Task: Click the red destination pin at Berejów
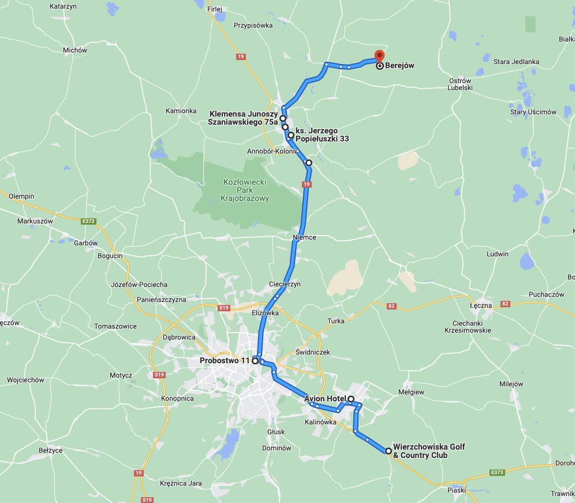point(379,56)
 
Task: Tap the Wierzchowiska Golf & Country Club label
point(428,451)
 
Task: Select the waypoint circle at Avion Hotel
point(351,399)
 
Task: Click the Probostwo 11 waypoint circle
point(255,361)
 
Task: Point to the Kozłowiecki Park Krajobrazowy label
point(245,190)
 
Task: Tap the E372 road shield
point(88,220)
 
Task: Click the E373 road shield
point(497,472)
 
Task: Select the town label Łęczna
point(480,305)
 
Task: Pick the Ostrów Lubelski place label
point(460,84)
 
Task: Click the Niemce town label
point(304,237)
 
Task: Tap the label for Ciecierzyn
point(285,284)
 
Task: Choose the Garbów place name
point(85,243)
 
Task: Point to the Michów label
point(75,50)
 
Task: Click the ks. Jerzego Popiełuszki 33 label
point(322,135)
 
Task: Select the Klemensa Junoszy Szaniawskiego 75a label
point(243,118)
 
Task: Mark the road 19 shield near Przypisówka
point(241,57)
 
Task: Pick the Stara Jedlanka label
point(516,62)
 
